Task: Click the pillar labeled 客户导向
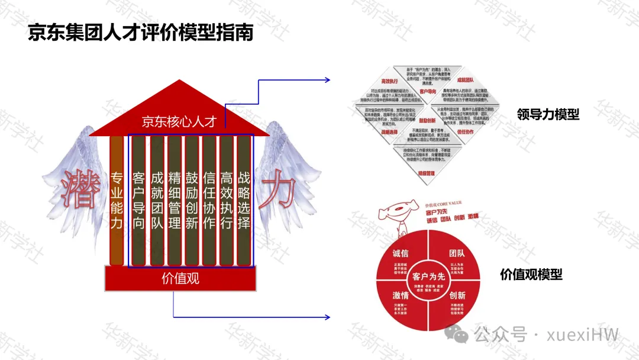pyautogui.click(x=139, y=200)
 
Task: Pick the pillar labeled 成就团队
pyautogui.click(x=157, y=200)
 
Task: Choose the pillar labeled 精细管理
pyautogui.click(x=175, y=200)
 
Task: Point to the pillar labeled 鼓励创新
pyautogui.click(x=192, y=200)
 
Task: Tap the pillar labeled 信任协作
pyautogui.click(x=209, y=200)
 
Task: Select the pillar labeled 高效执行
pyautogui.click(x=227, y=200)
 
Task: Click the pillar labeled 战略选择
pyautogui.click(x=244, y=200)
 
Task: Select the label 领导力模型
pyautogui.click(x=548, y=114)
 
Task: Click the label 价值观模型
pyautogui.click(x=531, y=274)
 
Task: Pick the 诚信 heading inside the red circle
pyautogui.click(x=401, y=253)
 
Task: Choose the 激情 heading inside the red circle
pyautogui.click(x=401, y=295)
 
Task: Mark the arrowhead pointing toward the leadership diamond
pyautogui.click(x=327, y=80)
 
